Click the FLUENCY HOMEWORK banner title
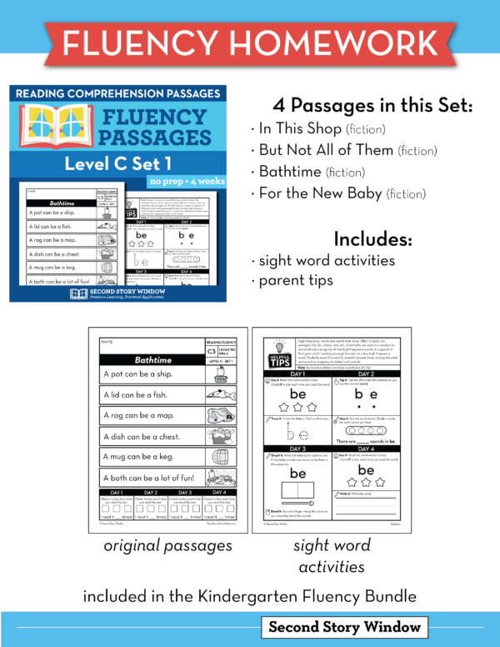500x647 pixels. [249, 42]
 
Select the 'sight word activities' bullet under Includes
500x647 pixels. [324, 260]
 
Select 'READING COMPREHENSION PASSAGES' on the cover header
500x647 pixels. [117, 93]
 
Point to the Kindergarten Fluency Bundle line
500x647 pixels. [249, 597]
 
